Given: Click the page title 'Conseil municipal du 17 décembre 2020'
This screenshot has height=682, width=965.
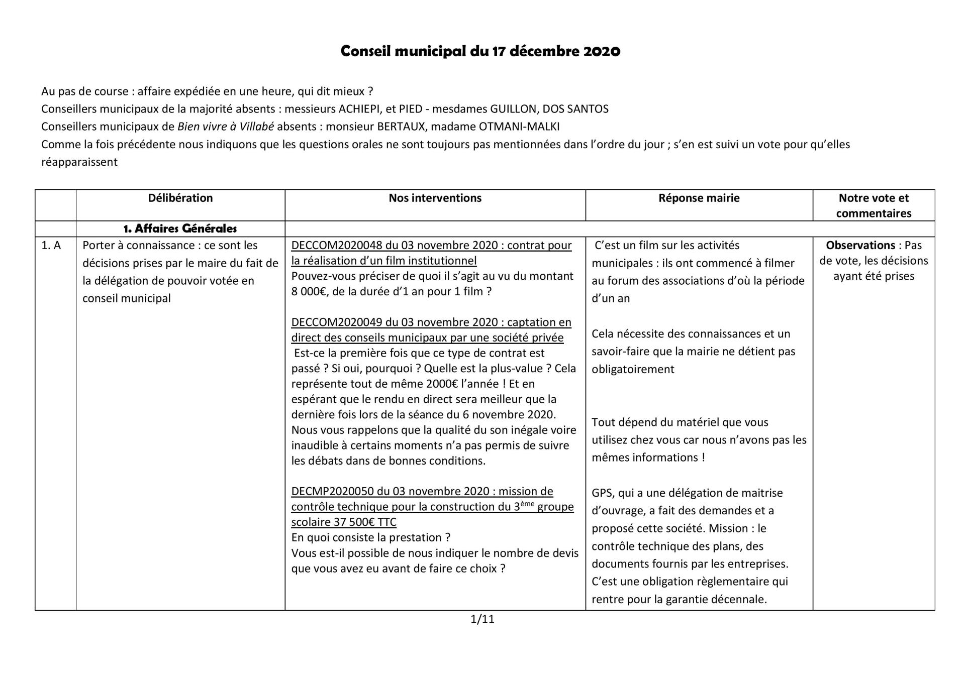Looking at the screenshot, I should tap(480, 51).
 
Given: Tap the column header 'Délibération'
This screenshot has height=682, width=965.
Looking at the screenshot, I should tap(180, 198).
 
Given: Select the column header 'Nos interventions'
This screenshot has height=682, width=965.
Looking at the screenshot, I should tap(435, 198).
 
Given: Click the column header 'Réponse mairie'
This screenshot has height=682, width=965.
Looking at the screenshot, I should tap(699, 198).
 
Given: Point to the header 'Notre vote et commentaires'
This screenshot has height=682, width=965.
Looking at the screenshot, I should tap(874, 205).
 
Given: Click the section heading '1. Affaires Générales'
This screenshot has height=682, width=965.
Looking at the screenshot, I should tap(180, 229).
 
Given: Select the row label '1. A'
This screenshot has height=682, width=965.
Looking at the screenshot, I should tap(51, 245).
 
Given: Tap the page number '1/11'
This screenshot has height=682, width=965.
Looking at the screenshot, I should tap(482, 619).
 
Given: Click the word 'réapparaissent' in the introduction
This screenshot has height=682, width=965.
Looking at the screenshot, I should tap(79, 162).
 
